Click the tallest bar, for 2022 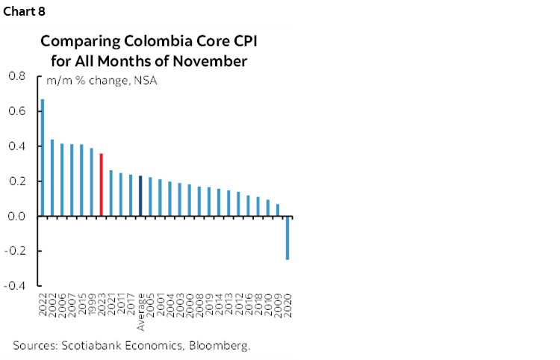(43, 158)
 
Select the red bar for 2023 (101, 184)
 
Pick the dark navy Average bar (140, 196)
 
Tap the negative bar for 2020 (287, 238)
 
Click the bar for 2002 (52, 178)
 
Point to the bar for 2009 (278, 210)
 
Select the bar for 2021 (111, 193)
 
